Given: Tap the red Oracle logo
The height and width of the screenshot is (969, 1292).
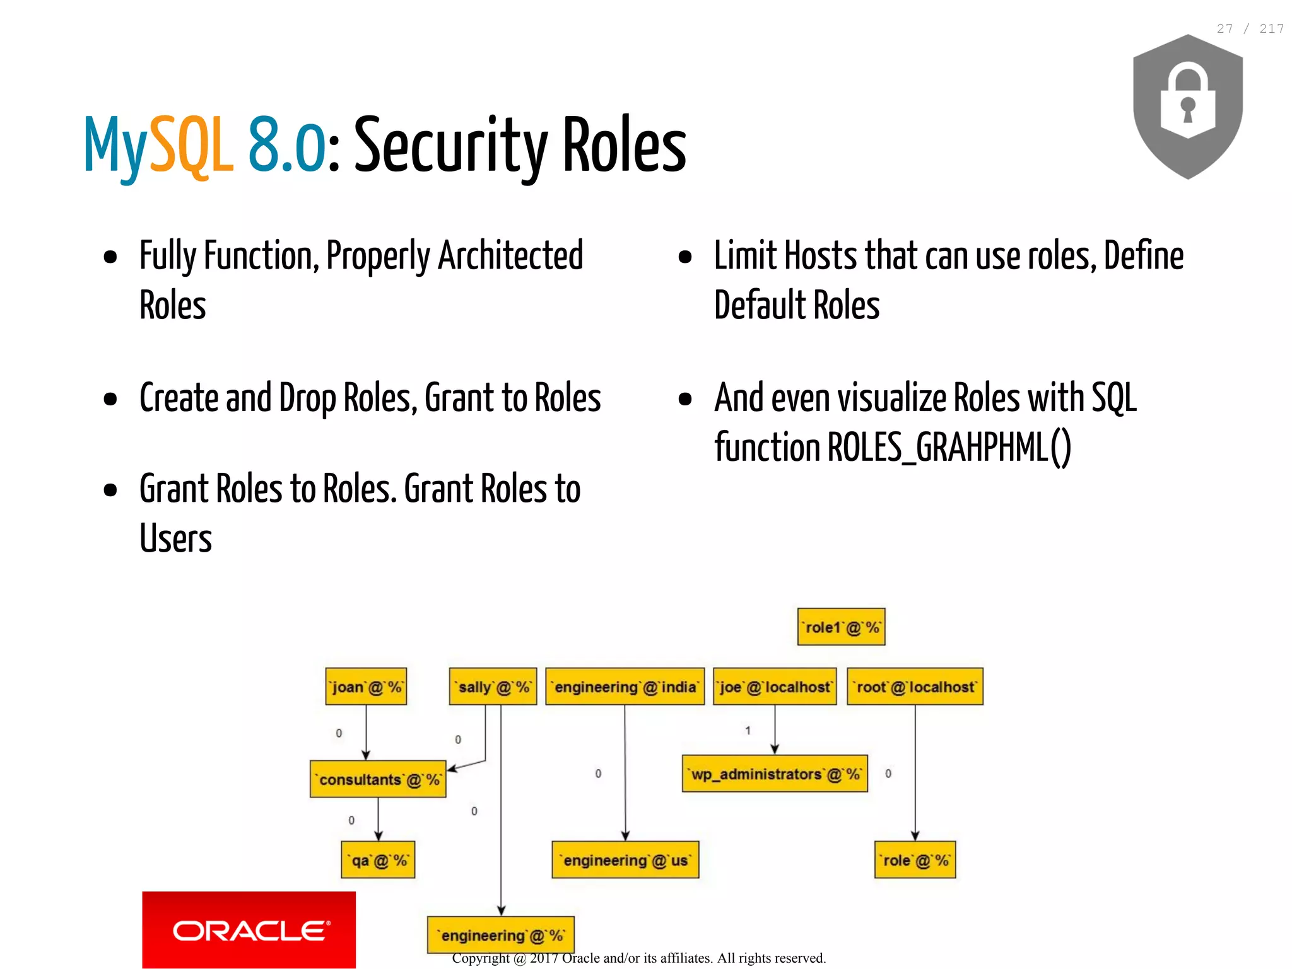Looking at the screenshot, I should coord(249,929).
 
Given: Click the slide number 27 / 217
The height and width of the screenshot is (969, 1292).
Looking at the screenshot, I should coord(1250,29).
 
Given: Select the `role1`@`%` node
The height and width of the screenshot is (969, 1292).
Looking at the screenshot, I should coord(841,627).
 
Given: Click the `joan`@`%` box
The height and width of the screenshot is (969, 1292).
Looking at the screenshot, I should coord(366,687).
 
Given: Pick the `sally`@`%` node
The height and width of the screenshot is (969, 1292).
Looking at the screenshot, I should coord(493,687).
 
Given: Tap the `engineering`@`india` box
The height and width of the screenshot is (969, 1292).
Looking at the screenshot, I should coord(625,687).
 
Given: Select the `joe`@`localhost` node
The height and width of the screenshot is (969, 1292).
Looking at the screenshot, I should coord(775,687).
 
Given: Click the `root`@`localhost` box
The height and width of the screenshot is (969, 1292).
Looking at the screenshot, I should coord(915,687).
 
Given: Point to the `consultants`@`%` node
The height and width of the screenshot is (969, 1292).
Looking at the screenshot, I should coord(378,779).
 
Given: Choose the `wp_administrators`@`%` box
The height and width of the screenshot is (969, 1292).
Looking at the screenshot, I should coord(775,774).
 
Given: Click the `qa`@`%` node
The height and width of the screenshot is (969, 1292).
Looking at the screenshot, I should coord(378,860).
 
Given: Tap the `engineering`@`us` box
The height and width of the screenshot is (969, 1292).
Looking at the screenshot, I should coord(625,860).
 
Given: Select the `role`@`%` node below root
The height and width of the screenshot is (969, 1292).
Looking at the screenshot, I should coord(915,860).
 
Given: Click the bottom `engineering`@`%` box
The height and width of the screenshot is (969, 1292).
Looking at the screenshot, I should coord(501,935).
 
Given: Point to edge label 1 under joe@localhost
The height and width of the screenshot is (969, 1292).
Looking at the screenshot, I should coord(748,731).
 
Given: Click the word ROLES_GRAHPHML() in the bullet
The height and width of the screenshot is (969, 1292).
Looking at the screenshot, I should coord(949,448).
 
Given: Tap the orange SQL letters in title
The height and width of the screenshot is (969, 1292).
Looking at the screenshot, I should coord(191,145).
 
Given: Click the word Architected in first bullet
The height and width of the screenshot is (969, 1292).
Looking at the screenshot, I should coord(510,256).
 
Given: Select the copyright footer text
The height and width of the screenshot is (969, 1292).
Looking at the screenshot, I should coord(638,958).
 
